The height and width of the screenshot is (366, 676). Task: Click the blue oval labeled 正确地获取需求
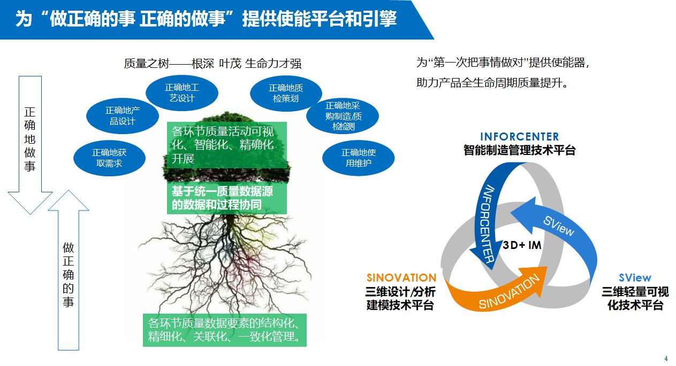pos(109,158)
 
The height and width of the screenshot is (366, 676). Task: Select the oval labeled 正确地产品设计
pos(122,115)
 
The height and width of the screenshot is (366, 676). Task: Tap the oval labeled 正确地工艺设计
pos(182,92)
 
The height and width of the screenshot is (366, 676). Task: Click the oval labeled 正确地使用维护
pos(358,158)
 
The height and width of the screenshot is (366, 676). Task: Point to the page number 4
pos(666,359)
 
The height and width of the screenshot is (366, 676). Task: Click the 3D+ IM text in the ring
pos(522,245)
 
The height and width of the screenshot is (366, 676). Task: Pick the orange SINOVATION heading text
pos(401,278)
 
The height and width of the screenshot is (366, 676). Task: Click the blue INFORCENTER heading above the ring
pos(519,137)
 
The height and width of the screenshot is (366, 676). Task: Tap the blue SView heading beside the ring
pos(635,278)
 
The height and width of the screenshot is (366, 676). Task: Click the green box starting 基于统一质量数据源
pos(227,198)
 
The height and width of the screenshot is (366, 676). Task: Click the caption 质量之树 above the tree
pos(212,64)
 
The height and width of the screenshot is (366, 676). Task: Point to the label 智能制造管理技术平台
pos(519,150)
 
